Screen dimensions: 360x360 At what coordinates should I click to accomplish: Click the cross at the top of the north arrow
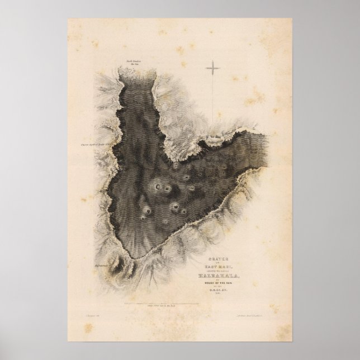click(213, 69)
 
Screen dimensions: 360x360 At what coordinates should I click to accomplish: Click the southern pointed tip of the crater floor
click(136, 258)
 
